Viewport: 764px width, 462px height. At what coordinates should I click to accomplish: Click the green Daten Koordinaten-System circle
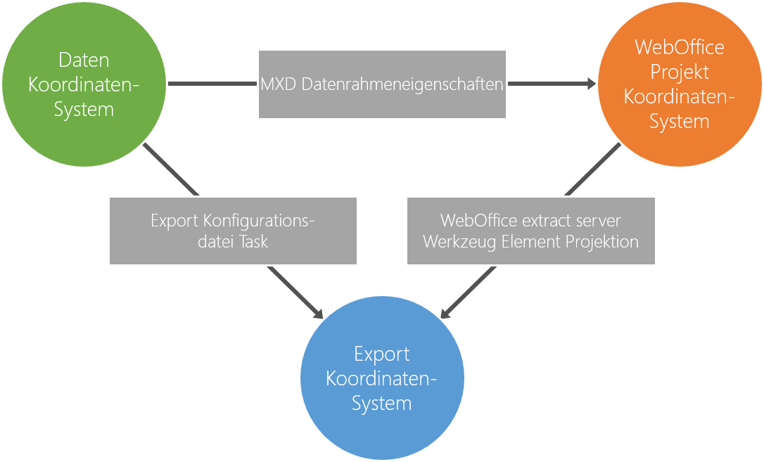click(x=84, y=84)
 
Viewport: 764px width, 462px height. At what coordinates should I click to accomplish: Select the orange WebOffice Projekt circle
click(x=679, y=84)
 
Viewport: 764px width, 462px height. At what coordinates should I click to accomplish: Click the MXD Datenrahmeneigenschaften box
click(x=382, y=84)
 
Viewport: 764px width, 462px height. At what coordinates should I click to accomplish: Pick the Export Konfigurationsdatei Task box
click(x=233, y=231)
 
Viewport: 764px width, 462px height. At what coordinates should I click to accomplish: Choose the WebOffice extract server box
click(x=531, y=231)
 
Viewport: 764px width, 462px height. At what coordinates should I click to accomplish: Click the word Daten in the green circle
click(x=84, y=60)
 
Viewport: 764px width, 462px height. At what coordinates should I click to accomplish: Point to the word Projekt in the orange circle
click(x=680, y=72)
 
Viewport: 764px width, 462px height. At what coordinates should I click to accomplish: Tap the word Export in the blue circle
click(x=382, y=354)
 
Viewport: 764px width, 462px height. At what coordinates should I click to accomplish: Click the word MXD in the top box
click(x=279, y=84)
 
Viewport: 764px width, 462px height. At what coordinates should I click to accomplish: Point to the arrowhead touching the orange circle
click(x=590, y=84)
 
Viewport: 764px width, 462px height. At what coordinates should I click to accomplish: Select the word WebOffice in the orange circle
click(x=680, y=47)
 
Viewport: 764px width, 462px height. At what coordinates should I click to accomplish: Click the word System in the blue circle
click(x=382, y=404)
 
